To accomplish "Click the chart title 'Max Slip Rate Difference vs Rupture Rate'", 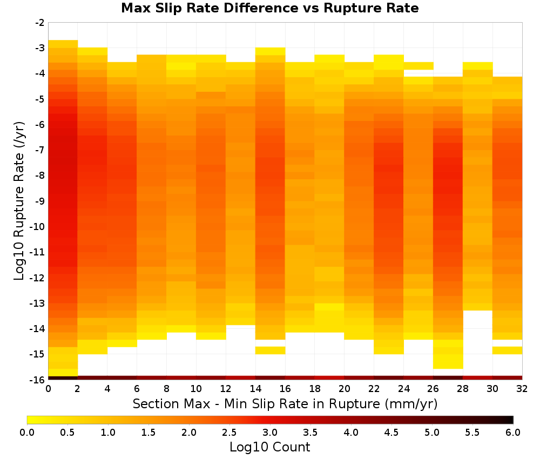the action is pos(269,8).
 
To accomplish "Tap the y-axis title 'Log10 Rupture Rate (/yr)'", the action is pos(19,201).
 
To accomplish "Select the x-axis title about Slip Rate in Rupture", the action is pos(285,403).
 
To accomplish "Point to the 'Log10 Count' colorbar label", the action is pos(269,447).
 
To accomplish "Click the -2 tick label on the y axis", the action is pos(39,23).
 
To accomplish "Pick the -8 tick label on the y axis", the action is pos(39,175).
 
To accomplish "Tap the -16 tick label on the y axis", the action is pos(38,380).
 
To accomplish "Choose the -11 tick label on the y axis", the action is pos(38,252).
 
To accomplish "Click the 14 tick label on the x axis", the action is pos(255,389).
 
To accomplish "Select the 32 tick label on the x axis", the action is pos(522,389).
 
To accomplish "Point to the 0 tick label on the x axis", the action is pos(48,389).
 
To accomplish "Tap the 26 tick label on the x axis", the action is pos(433,389).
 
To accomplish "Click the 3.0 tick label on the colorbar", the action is pos(269,432).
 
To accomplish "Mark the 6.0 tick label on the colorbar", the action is pos(513,432).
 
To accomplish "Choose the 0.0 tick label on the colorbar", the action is pos(27,432).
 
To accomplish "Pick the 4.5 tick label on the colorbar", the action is pos(391,432).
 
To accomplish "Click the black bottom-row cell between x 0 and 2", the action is pos(63,378).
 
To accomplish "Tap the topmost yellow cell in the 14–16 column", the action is pos(270,51).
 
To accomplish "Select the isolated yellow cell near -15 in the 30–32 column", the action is pos(507,350).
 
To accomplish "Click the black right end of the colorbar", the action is pos(510,420).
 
